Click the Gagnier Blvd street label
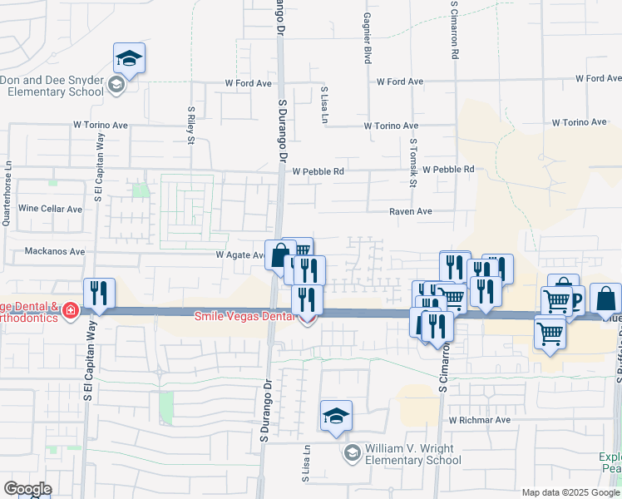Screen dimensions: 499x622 367,39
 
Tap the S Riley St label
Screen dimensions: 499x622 190,124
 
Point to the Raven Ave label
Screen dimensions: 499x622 411,211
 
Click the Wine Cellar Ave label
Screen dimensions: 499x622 51,209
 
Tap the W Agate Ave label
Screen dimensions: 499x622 239,255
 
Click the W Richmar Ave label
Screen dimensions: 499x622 480,420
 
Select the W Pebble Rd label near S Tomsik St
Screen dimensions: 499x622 447,170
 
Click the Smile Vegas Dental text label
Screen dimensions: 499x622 244,316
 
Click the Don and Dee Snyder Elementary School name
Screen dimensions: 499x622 52,85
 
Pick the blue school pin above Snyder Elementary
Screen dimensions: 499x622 129,57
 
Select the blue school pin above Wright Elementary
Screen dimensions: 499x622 336,415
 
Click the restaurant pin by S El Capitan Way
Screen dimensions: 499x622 99,293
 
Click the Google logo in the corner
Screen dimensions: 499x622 27,488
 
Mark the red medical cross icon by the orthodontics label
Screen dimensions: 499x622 71,312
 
